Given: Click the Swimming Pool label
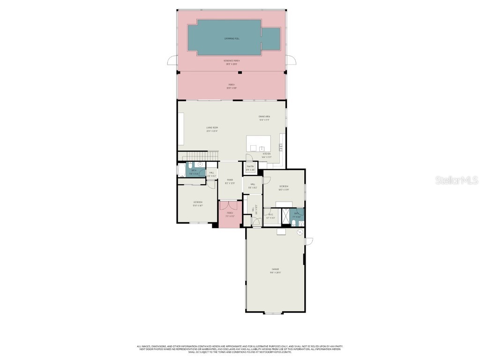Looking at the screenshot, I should click(x=231, y=38).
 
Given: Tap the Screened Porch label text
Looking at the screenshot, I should click(x=231, y=61).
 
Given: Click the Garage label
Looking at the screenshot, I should click(x=275, y=269).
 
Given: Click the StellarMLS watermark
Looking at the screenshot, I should click(x=457, y=180).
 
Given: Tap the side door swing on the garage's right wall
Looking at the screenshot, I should click(x=308, y=241).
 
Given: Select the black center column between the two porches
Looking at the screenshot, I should click(x=240, y=72).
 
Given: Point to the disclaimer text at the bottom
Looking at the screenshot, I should click(x=240, y=349).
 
